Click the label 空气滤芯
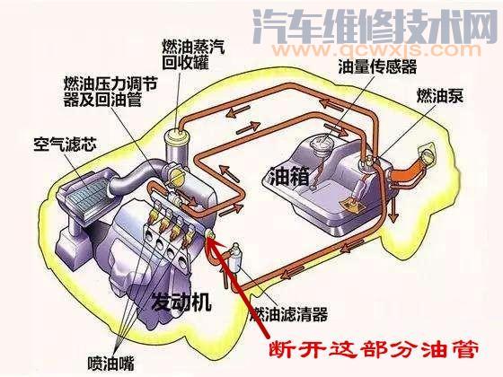tap(65, 145)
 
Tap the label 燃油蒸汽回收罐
tap(193, 54)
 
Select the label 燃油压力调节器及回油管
tap(110, 92)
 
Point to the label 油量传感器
tap(377, 66)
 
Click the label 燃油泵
tap(439, 95)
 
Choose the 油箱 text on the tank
tap(289, 176)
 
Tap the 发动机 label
tap(181, 302)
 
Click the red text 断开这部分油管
tap(374, 349)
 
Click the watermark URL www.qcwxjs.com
tap(376, 50)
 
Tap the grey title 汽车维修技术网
tap(375, 26)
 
